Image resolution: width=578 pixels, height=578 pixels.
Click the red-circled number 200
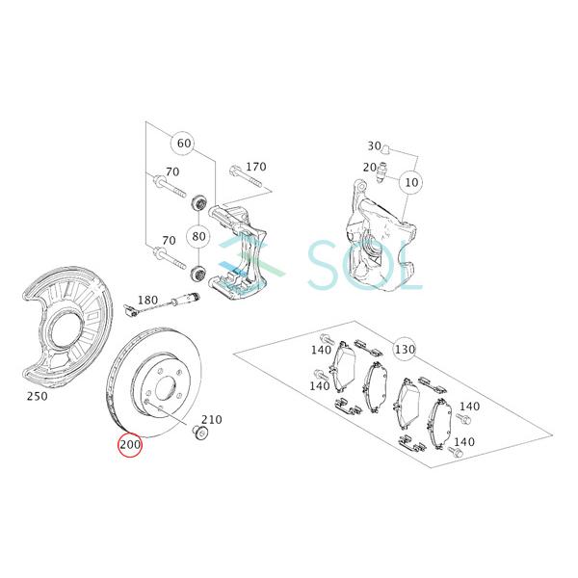coord(130,444)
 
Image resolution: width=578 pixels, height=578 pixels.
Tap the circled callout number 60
coord(184,143)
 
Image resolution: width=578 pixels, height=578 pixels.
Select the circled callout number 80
coord(198,236)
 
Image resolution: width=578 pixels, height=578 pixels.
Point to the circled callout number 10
coord(411,182)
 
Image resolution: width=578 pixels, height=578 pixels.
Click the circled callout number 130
coord(405,349)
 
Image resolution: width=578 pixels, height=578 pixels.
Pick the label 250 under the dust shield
coord(38,396)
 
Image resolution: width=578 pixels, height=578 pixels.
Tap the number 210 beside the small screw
coord(212,419)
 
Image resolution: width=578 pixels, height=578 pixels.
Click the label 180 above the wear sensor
coord(147,300)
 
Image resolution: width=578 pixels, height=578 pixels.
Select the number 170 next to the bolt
coord(256,167)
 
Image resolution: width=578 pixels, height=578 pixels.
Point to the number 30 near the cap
coord(374,146)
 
